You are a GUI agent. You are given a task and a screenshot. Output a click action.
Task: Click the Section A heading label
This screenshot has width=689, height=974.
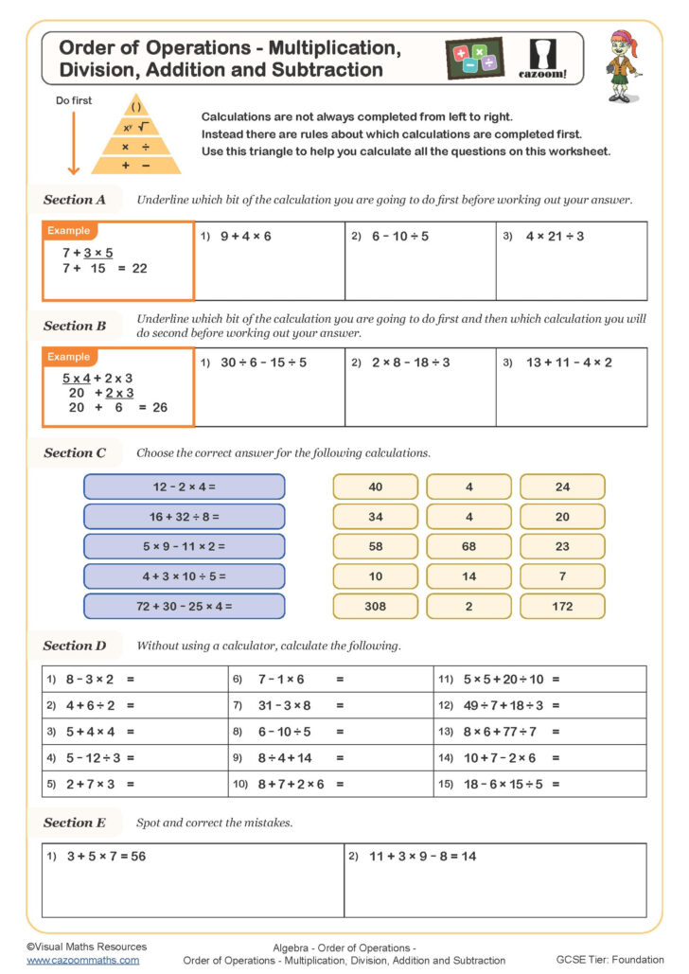(75, 200)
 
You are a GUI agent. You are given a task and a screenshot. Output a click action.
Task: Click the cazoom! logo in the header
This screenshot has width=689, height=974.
(543, 58)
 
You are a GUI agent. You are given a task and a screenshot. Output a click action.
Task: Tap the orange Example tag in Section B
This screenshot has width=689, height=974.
(69, 357)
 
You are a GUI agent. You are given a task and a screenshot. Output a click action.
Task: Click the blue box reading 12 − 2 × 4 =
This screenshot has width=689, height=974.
(184, 487)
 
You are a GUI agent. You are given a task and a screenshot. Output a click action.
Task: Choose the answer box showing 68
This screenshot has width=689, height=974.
(468, 546)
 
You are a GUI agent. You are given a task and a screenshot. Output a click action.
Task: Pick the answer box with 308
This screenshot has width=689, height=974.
(375, 606)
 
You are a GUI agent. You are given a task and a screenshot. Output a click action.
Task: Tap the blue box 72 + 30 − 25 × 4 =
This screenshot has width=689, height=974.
(184, 606)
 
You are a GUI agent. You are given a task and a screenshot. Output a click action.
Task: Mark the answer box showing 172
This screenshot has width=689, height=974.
(562, 606)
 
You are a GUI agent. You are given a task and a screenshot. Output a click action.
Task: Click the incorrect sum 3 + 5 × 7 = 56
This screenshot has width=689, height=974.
(106, 856)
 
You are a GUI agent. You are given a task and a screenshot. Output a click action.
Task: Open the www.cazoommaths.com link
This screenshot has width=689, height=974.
(82, 960)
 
